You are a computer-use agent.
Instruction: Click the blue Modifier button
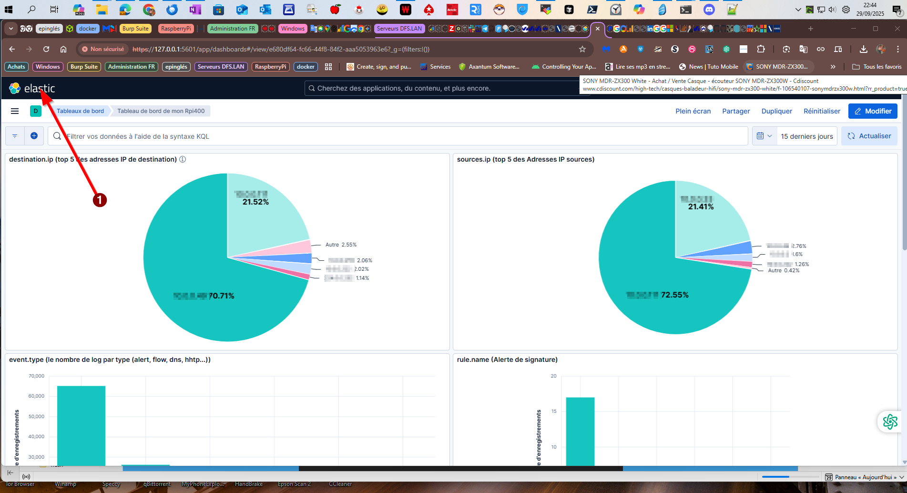pyautogui.click(x=873, y=111)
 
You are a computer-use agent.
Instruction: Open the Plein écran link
pyautogui.click(x=693, y=111)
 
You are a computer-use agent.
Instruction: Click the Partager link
pyautogui.click(x=736, y=111)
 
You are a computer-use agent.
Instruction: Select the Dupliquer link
pyautogui.click(x=776, y=111)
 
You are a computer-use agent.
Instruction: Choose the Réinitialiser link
pyautogui.click(x=822, y=111)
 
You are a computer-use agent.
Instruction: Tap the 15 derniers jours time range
pyautogui.click(x=806, y=136)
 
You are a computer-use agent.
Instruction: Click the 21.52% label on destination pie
pyautogui.click(x=255, y=202)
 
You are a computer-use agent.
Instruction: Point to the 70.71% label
pyautogui.click(x=221, y=296)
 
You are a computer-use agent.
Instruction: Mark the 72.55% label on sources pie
pyautogui.click(x=674, y=295)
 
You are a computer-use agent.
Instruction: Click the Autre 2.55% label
pyautogui.click(x=341, y=245)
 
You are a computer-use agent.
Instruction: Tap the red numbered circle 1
pyautogui.click(x=100, y=200)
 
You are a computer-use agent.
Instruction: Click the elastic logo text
pyautogui.click(x=40, y=88)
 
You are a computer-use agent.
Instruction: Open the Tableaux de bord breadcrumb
pyautogui.click(x=80, y=111)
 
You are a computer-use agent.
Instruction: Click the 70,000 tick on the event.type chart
pyautogui.click(x=36, y=376)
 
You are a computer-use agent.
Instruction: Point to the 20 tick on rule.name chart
pyautogui.click(x=553, y=376)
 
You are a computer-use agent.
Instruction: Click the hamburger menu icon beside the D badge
pyautogui.click(x=15, y=111)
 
